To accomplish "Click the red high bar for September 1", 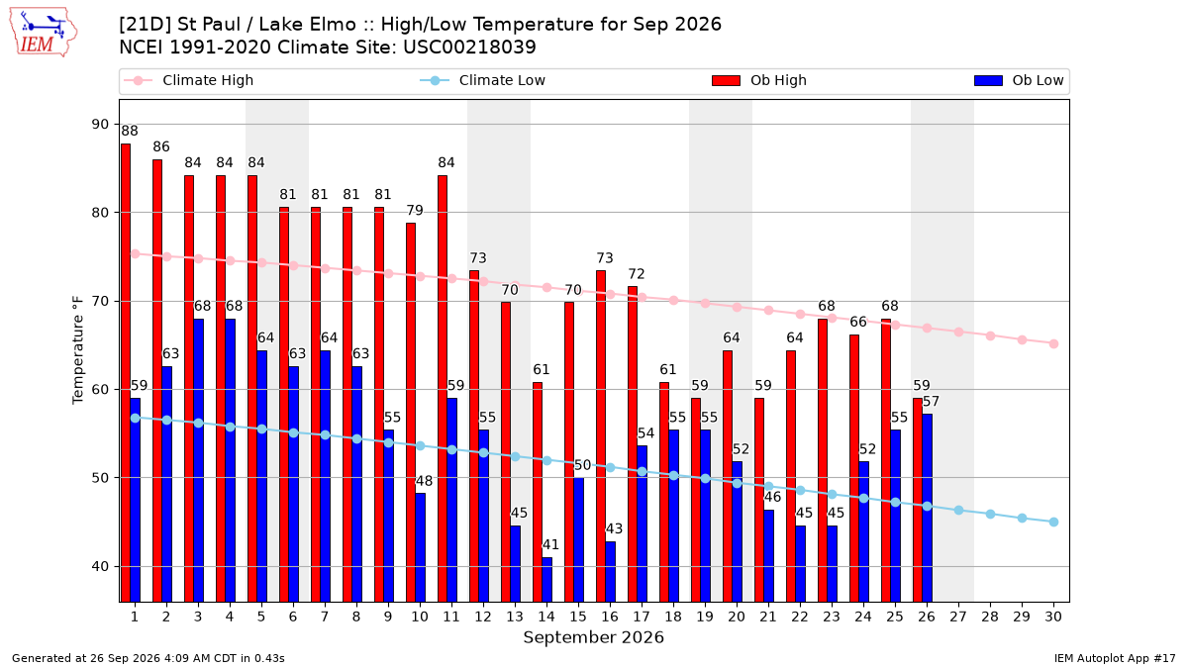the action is coord(126,373).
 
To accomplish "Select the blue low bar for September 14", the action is coord(547,580).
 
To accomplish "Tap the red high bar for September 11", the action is coord(443,389).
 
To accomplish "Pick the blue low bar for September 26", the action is coord(928,508).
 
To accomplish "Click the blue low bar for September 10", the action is coord(421,547).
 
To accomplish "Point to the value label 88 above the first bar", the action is coord(130,131).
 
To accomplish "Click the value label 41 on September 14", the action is coord(550,544).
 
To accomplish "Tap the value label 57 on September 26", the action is coord(931,402).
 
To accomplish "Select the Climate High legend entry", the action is coord(188,80).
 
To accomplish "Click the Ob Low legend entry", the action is coord(1019,80).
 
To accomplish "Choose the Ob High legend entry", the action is coord(759,80).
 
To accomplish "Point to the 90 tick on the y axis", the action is coord(100,124).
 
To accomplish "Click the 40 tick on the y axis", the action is coord(100,566).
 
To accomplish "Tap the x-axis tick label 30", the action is coord(1053,617).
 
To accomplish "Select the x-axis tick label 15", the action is coord(578,617).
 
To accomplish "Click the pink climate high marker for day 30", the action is coord(1053,343).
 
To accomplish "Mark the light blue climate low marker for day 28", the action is coord(990,515).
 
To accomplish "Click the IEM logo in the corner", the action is coord(43,33).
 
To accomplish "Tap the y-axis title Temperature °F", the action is coord(78,351).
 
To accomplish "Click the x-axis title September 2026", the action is coord(593,637).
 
